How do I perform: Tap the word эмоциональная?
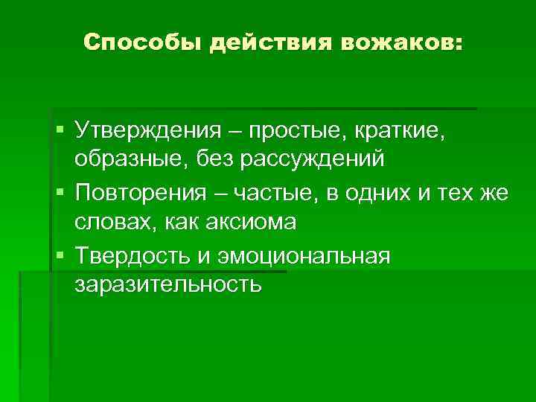click(304, 258)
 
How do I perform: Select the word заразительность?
click(167, 284)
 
